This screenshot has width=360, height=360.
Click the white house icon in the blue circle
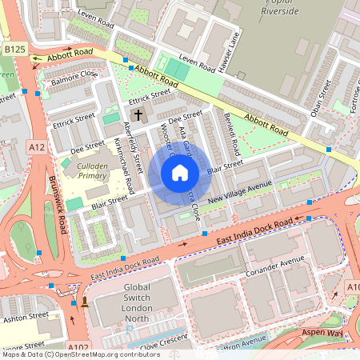(180, 172)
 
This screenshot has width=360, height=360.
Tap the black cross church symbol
(138, 115)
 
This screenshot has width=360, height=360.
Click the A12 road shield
(36, 146)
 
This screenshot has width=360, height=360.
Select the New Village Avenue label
(239, 191)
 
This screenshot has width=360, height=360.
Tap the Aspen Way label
(326, 331)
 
